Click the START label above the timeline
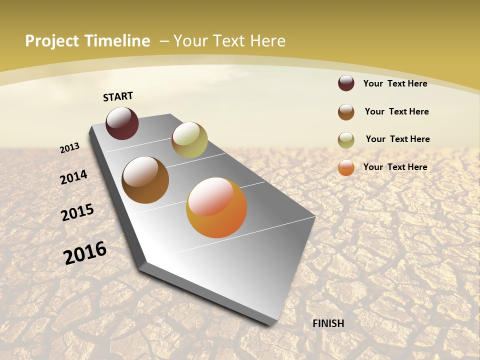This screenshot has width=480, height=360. (118, 96)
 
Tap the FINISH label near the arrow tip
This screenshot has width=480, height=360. (328, 323)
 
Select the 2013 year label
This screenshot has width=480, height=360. (70, 148)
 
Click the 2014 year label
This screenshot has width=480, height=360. (74, 177)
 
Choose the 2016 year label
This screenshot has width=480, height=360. (85, 253)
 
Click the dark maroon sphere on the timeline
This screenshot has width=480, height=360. (122, 123)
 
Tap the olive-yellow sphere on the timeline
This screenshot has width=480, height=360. (189, 140)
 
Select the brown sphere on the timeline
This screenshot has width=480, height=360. (145, 180)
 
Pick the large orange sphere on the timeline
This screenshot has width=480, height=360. (216, 207)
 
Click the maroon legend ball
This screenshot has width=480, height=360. (346, 83)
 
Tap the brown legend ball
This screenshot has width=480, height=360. (346, 112)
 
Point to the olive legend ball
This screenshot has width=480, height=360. (346, 140)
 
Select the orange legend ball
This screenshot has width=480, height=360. (346, 168)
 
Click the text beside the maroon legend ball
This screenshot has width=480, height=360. (395, 83)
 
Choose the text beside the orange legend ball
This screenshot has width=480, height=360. (395, 167)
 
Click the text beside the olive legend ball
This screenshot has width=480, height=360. (397, 139)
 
